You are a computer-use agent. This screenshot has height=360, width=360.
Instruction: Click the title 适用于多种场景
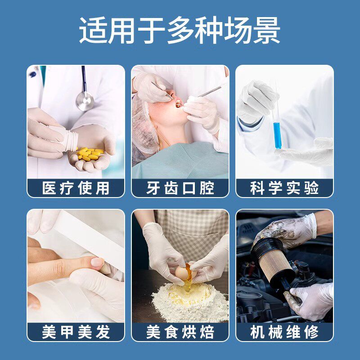[180, 31]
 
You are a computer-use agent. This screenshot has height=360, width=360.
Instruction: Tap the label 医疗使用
[76, 188]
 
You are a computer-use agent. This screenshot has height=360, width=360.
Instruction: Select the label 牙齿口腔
[180, 188]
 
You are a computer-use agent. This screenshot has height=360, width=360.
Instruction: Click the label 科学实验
[284, 188]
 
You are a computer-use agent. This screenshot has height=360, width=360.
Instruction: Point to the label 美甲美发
[76, 332]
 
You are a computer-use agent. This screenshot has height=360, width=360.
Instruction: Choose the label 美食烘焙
[180, 332]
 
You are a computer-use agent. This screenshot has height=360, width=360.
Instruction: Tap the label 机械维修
[284, 332]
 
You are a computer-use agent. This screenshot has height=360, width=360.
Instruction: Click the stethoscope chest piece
[85, 100]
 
